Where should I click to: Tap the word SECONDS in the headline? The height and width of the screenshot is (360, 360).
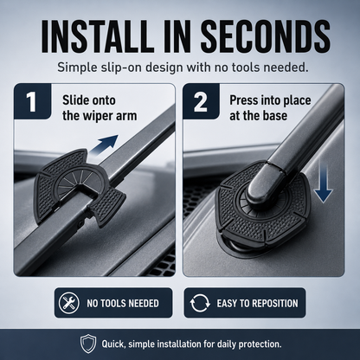[266, 35]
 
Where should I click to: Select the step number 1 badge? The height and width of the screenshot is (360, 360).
[32, 101]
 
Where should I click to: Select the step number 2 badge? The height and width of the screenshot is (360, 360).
[201, 101]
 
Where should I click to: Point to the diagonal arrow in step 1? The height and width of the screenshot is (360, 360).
[104, 145]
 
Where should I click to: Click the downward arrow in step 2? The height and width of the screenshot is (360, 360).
[323, 183]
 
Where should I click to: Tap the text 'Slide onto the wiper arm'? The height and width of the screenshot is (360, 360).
[100, 108]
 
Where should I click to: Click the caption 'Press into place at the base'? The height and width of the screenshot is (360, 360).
[270, 108]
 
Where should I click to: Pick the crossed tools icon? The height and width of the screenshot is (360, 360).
[68, 303]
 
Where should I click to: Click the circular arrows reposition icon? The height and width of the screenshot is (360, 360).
[200, 303]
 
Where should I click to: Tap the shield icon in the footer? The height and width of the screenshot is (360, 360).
[88, 344]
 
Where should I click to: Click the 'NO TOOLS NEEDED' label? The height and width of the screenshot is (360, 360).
[123, 303]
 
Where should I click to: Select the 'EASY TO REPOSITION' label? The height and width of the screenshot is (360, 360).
[257, 303]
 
